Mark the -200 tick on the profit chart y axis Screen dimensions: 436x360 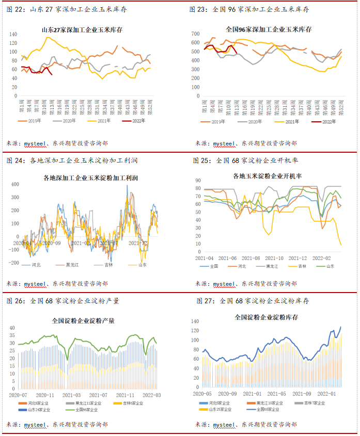tap(13, 263)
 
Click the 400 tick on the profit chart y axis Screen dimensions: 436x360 tap(14, 184)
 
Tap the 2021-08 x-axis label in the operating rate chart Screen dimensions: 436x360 tap(251, 257)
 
